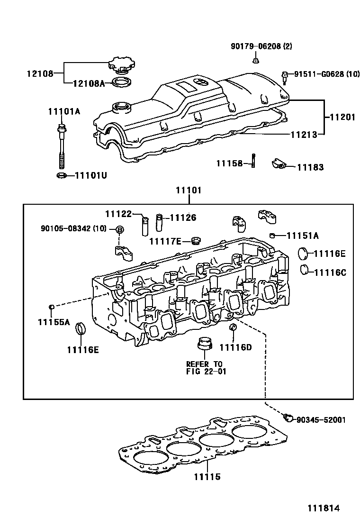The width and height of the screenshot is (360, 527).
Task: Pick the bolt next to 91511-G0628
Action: tap(285, 76)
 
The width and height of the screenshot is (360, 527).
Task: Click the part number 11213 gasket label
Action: tap(304, 134)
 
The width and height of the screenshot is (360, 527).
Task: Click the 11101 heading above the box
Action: tap(189, 191)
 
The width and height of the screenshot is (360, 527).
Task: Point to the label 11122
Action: tap(117, 214)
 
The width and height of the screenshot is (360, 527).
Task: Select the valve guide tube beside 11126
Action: tap(160, 222)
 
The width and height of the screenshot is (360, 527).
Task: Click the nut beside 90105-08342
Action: tap(120, 230)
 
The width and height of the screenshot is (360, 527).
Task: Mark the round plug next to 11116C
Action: tap(306, 270)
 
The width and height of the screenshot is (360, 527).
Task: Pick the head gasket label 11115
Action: tap(207, 477)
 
